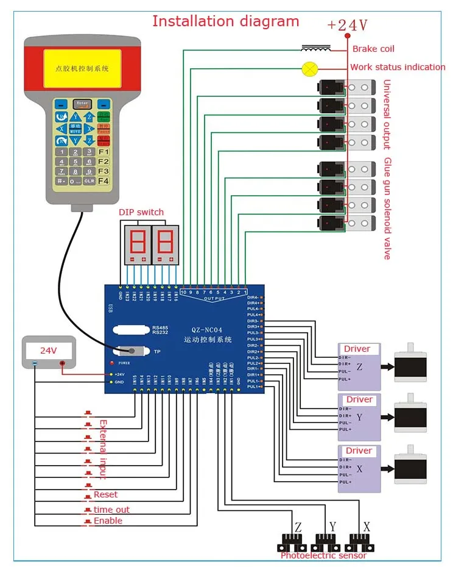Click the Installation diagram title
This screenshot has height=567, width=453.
(225, 21)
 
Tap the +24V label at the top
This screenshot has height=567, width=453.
(347, 26)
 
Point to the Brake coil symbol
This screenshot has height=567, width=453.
(316, 48)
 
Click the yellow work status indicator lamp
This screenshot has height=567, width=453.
(309, 68)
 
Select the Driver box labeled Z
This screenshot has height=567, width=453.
(359, 366)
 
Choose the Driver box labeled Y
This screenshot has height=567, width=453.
(359, 417)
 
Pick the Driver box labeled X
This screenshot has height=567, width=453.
(359, 468)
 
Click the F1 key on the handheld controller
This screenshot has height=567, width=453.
(104, 152)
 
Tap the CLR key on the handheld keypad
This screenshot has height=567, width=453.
(90, 181)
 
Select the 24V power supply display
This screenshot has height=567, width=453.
(49, 351)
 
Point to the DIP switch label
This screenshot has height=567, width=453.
(141, 212)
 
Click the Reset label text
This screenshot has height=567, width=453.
(105, 494)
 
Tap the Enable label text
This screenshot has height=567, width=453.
(108, 521)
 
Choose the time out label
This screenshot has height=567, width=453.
(111, 510)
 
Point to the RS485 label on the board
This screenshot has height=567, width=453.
(161, 326)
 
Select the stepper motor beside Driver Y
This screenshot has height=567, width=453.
(410, 417)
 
